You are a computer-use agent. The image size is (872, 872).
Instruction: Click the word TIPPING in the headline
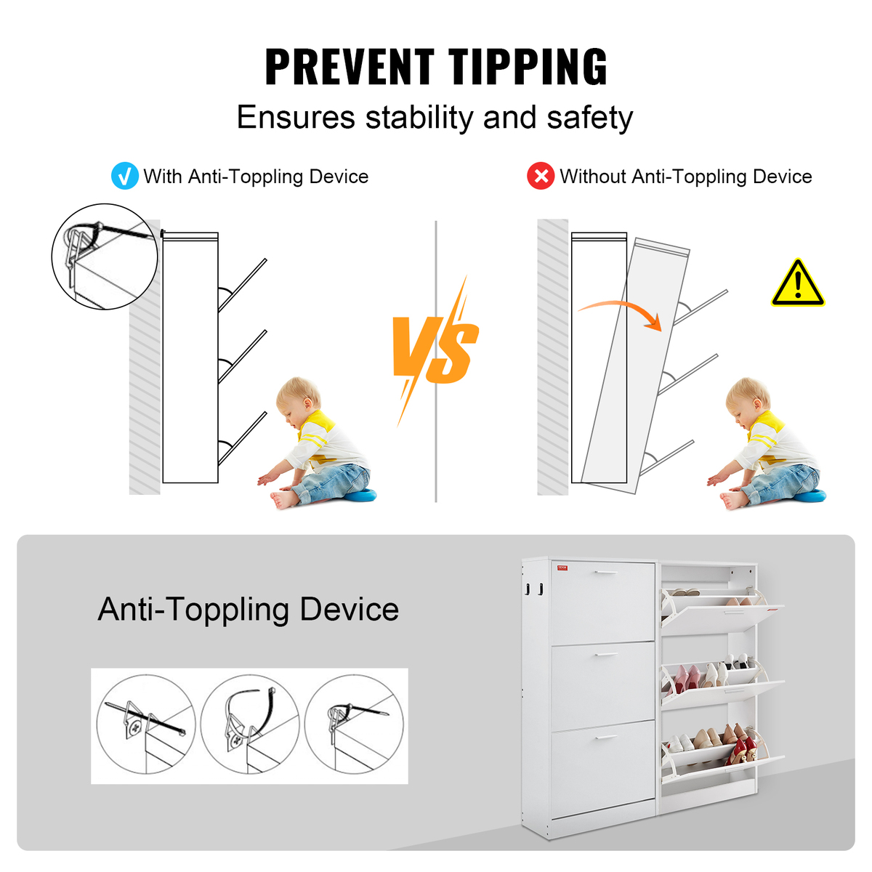click(527, 67)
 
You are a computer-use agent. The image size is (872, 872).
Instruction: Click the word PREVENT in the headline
click(350, 67)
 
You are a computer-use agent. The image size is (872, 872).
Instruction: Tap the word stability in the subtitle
click(419, 117)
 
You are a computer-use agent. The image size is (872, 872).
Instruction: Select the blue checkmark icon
click(124, 176)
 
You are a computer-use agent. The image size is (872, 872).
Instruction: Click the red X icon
click(541, 176)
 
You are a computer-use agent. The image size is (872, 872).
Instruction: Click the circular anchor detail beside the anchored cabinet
click(105, 257)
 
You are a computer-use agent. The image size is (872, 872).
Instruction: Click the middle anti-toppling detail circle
click(250, 725)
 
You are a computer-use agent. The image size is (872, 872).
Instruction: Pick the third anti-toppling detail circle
click(354, 725)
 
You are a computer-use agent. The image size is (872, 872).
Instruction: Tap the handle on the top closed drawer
click(606, 573)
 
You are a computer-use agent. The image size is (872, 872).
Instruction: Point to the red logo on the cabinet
click(562, 568)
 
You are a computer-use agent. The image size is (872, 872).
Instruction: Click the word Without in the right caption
click(592, 176)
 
